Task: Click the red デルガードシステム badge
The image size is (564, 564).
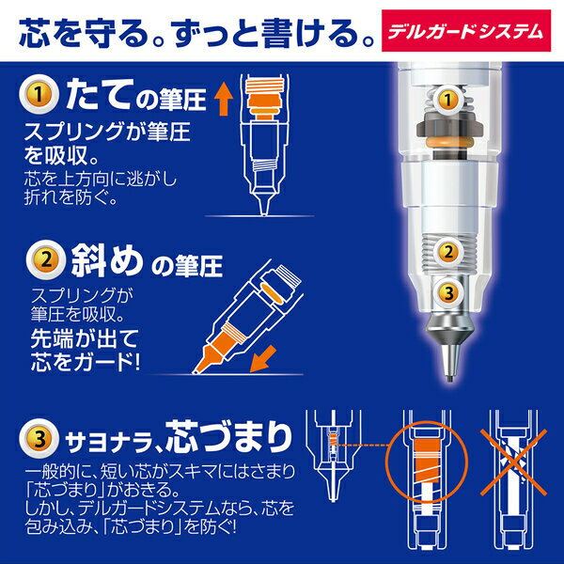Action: pos(479,28)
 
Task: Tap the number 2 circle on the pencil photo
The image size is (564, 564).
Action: pos(449,250)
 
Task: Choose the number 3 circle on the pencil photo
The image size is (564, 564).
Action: pos(449,294)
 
